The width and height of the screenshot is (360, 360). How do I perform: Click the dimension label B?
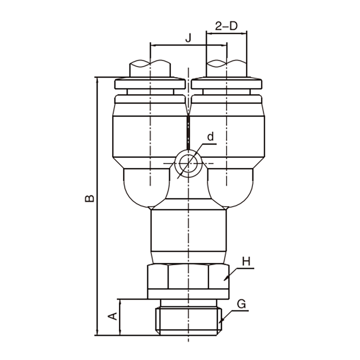[x=89, y=198]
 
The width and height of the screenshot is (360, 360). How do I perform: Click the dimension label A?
[x=112, y=316]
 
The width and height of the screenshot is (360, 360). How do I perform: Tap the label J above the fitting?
[x=188, y=38]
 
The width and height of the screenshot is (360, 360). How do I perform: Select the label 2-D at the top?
[x=226, y=26]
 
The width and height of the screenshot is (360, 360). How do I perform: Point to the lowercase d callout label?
[x=210, y=136]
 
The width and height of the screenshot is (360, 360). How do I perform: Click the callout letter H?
[x=246, y=262]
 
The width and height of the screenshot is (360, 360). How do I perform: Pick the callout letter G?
[x=241, y=304]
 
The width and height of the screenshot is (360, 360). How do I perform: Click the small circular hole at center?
[x=188, y=163]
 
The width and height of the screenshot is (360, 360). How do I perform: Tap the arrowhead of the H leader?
[x=226, y=278]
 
